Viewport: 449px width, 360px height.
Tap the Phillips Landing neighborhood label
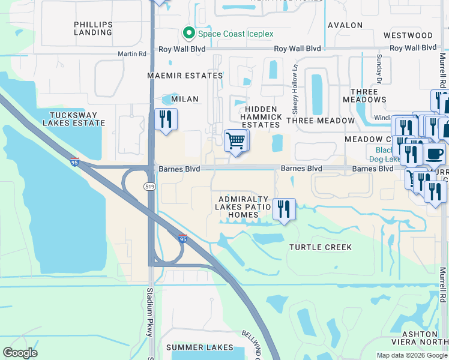coord(93,28)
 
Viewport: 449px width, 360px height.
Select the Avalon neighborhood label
coord(345,25)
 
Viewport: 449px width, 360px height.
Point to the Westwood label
coord(408,35)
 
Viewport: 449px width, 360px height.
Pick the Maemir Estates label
coord(176,76)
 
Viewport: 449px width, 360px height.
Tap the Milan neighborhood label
coord(184,99)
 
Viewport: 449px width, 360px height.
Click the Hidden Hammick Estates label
coord(260,116)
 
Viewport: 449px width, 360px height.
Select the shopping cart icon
coord(237,141)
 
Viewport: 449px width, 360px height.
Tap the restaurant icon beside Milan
coord(166,119)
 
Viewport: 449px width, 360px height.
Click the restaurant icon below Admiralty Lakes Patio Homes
coord(285,209)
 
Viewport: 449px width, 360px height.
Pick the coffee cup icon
coord(435,154)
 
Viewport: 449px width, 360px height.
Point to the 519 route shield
coord(150,187)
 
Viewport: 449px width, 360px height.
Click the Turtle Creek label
coord(321,247)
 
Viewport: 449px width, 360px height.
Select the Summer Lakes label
coord(199,347)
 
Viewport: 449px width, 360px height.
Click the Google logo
coord(20,353)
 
